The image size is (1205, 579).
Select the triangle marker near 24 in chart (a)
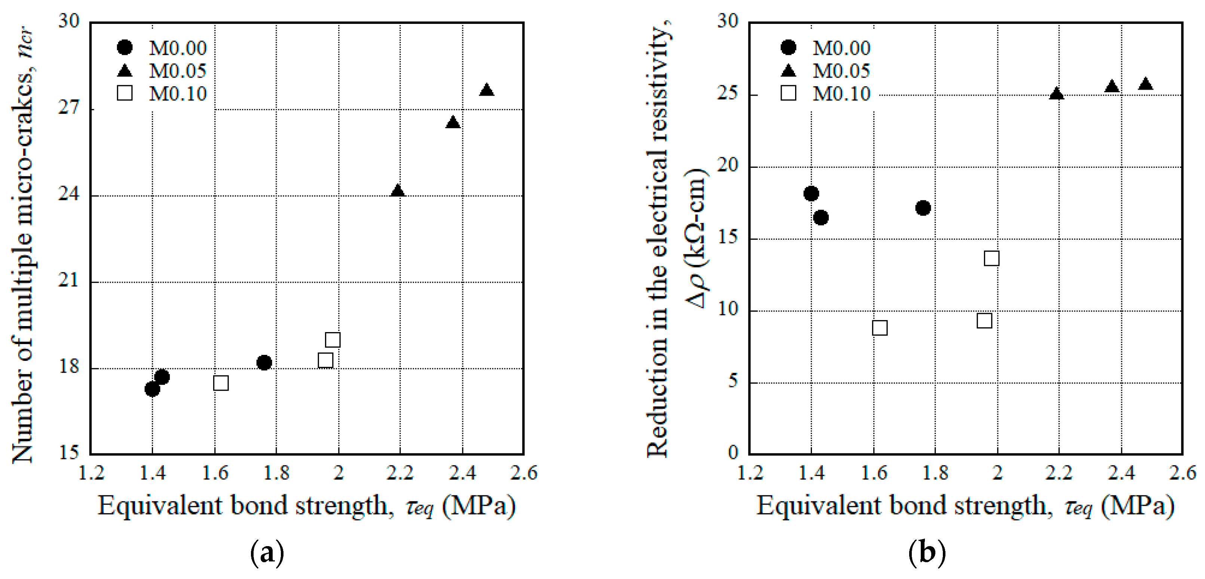point(398,191)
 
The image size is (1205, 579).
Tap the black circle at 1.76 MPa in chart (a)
point(264,362)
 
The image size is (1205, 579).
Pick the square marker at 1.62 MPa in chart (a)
point(221,383)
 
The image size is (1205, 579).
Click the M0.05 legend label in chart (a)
point(177,71)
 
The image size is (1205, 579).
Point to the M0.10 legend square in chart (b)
point(789,93)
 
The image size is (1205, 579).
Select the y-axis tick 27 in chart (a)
point(69,108)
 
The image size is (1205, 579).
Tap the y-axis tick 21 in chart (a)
point(69,281)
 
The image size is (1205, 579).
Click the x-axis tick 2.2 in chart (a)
point(400,473)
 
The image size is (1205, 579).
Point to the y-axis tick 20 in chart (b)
point(728,166)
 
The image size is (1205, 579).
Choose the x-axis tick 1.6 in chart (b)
point(874,473)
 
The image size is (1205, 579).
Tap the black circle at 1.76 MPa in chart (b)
point(923,208)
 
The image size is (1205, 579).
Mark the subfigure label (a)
point(267,553)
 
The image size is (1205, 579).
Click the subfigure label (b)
point(927,553)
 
